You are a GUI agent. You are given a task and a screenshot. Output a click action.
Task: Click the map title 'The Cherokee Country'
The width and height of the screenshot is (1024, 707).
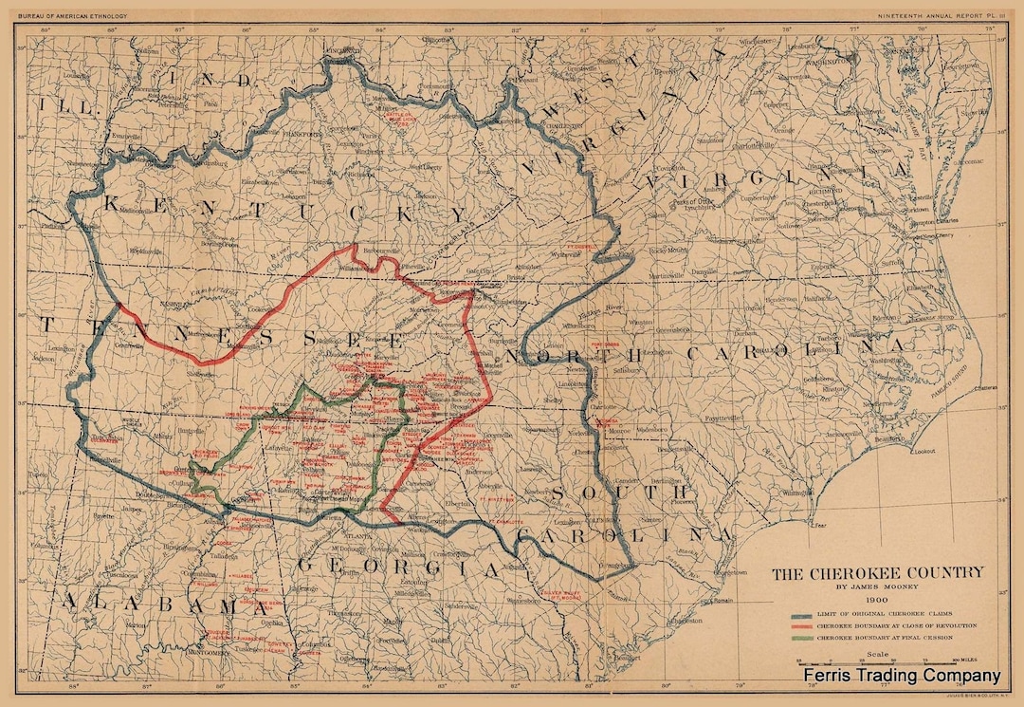point(877,573)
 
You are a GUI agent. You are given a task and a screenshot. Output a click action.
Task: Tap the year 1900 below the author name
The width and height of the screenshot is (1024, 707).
point(876,600)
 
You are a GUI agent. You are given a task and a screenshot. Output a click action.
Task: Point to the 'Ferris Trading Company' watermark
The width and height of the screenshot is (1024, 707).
point(901,676)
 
